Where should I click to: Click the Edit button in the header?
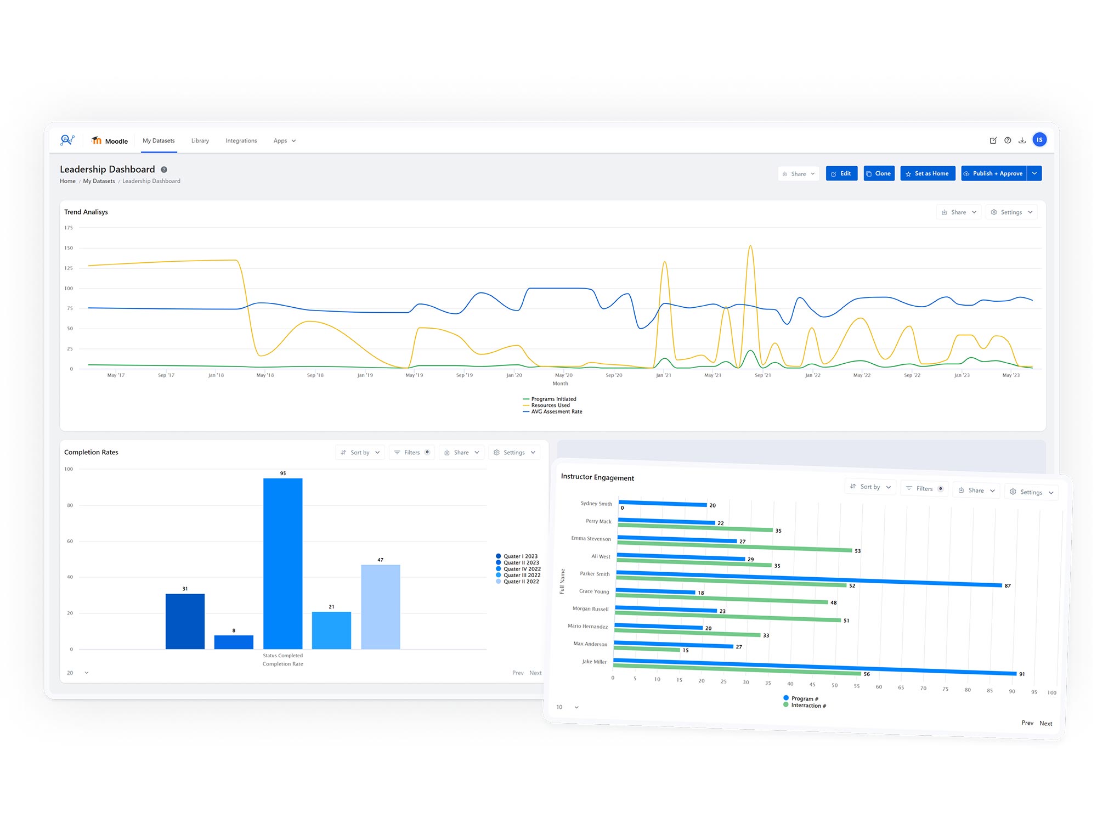pos(841,173)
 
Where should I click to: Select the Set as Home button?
pos(927,173)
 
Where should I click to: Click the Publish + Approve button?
pos(993,173)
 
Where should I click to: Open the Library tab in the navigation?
pos(200,141)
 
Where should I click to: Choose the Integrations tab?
pos(241,141)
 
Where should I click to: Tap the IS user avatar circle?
pos(1039,140)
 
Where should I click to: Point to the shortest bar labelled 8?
pos(234,642)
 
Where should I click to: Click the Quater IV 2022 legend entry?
pos(521,569)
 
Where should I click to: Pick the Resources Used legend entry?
pos(550,405)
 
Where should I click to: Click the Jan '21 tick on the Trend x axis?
pos(663,375)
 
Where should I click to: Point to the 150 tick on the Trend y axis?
pos(69,248)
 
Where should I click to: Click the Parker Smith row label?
pos(595,574)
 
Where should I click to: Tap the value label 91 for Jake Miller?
pos(1022,674)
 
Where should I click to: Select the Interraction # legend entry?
pos(807,706)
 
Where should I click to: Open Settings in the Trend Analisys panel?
pos(1011,212)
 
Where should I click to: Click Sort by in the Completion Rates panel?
pos(360,453)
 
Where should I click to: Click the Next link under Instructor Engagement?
pos(1045,724)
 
